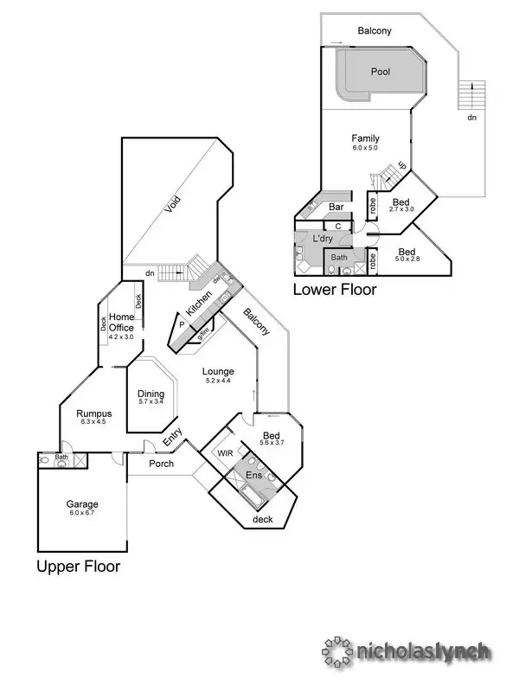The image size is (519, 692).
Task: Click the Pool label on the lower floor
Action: [380, 73]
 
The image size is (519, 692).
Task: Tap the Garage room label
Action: [82, 503]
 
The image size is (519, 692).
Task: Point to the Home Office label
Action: [121, 323]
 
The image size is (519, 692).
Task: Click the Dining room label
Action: [151, 393]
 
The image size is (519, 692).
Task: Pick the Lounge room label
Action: [220, 371]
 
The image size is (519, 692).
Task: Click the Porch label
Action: [162, 464]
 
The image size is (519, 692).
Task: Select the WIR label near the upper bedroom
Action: [225, 452]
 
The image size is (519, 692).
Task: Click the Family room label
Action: [365, 138]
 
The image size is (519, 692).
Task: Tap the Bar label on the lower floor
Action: [337, 208]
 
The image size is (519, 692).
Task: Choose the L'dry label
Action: [323, 238]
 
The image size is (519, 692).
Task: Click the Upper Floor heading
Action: [78, 567]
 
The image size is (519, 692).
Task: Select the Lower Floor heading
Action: [335, 290]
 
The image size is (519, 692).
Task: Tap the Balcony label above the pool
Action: [375, 31]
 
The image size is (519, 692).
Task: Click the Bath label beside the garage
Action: [61, 457]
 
